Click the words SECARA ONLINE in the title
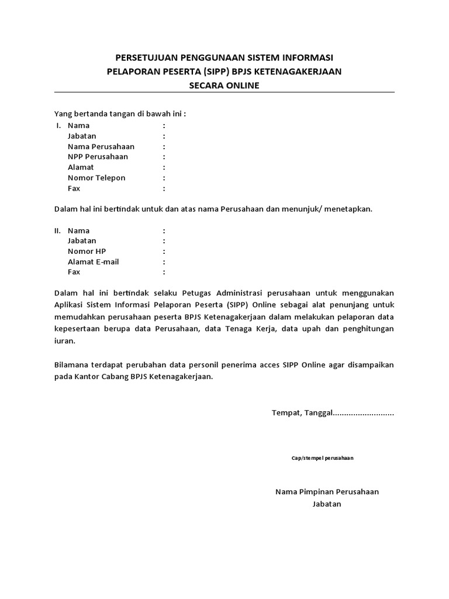pos(224,85)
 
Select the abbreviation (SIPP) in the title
pos(215,71)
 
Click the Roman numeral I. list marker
pos(59,125)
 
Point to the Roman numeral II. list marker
pos(58,230)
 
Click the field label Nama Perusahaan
pos(101,146)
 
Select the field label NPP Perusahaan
pos(98,157)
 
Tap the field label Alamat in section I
pos(81,167)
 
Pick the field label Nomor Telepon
pos(96,178)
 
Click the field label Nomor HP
pos(87,252)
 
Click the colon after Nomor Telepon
pos(164,178)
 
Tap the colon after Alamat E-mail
pos(164,262)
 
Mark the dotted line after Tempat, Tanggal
pos(364,414)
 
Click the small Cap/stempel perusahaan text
pos(323,457)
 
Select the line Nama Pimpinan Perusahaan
pos(327,492)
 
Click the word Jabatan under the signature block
pos(327,504)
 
